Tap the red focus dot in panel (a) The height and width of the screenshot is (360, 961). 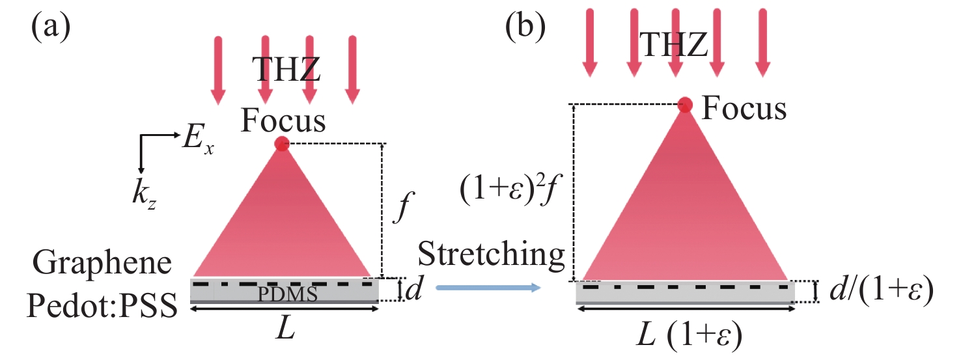[x=281, y=144]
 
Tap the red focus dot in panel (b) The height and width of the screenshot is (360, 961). [x=685, y=104]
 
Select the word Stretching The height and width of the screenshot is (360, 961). [x=491, y=255]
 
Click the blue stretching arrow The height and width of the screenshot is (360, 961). [x=488, y=287]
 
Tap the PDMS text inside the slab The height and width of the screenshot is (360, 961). [x=287, y=295]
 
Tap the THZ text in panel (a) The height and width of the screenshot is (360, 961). [x=287, y=70]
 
